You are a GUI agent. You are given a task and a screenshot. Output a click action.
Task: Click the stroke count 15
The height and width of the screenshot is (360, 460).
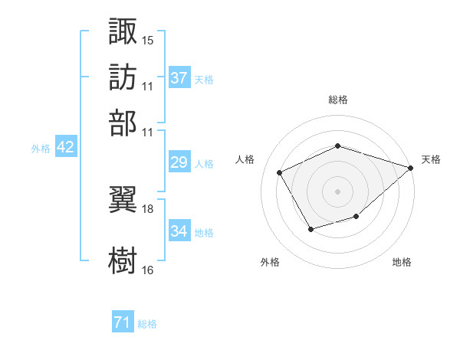click(147, 40)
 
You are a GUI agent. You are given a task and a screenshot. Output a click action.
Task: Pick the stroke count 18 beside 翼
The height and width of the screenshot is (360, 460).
click(147, 208)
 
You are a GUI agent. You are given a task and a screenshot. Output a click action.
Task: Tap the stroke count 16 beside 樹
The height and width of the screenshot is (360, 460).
click(147, 270)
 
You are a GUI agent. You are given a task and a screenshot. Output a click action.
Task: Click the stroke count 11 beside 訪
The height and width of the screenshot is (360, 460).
click(147, 86)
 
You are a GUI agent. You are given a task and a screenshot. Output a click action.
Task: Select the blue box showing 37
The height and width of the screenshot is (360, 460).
click(179, 77)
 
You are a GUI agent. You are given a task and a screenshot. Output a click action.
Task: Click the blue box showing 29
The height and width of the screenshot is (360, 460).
click(179, 162)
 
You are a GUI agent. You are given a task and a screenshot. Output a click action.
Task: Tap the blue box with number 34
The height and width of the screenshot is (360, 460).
click(179, 231)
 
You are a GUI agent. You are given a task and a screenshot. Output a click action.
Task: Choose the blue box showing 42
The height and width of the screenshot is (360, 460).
click(65, 148)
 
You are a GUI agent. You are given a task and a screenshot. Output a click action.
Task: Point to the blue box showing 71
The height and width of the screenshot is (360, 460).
click(122, 322)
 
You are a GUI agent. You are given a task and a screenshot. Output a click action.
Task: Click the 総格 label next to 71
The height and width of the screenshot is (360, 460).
click(147, 324)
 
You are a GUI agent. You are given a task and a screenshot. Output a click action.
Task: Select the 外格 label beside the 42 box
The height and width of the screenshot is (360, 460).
click(41, 149)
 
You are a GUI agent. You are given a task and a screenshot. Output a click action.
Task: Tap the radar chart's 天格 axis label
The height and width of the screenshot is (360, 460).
click(431, 159)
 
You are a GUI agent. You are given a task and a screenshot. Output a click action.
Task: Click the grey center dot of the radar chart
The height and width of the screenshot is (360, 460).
click(337, 191)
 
